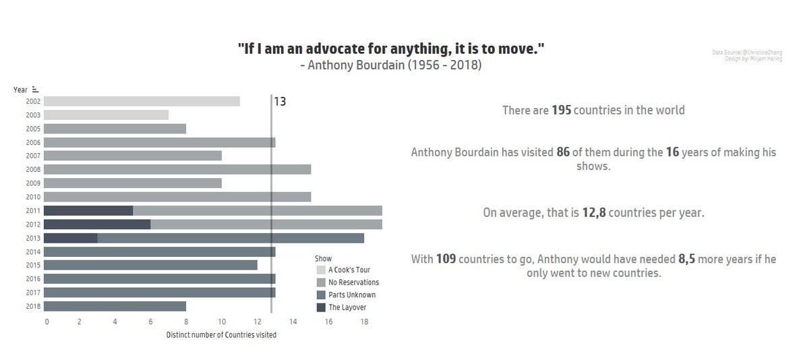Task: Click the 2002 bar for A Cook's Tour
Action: pyautogui.click(x=142, y=101)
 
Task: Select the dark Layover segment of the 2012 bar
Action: pyautogui.click(x=98, y=224)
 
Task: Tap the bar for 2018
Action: pyautogui.click(x=115, y=306)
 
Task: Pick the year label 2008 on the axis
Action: pyautogui.click(x=33, y=169)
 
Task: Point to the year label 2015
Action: pyautogui.click(x=33, y=265)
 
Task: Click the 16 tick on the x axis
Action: pyautogui.click(x=329, y=322)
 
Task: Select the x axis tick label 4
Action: pyautogui.click(x=115, y=322)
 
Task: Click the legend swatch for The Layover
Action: pyautogui.click(x=321, y=307)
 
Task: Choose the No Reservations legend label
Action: pyautogui.click(x=353, y=282)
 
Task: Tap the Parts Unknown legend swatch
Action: pyautogui.click(x=321, y=295)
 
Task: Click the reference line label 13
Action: pyautogui.click(x=280, y=102)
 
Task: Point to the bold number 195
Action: pyautogui.click(x=562, y=110)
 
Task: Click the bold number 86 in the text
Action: pyautogui.click(x=564, y=152)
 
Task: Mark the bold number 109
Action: pyautogui.click(x=446, y=259)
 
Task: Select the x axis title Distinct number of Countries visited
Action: pyautogui.click(x=221, y=335)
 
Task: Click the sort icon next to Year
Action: pyautogui.click(x=35, y=89)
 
